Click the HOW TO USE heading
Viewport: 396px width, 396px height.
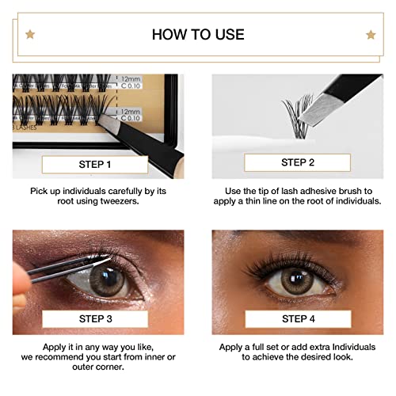(198, 34)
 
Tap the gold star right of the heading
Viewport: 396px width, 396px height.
(370, 34)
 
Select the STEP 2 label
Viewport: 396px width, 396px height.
(298, 162)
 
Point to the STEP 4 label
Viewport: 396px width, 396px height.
(298, 318)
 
